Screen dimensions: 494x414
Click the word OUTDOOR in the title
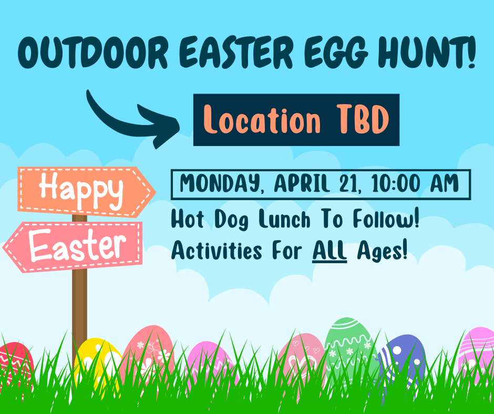coord(93,53)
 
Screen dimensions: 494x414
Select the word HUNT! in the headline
coord(427,51)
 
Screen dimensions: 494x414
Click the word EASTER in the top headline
coord(237,53)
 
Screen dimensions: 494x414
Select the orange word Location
coord(262,119)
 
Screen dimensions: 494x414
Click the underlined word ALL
coord(330,251)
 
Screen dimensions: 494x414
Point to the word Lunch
coord(284,219)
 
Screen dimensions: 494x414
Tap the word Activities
coord(217,251)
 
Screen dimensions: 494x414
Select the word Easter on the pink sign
coord(77,245)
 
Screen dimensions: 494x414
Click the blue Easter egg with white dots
coord(403,363)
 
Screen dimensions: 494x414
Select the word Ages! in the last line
coord(382,252)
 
